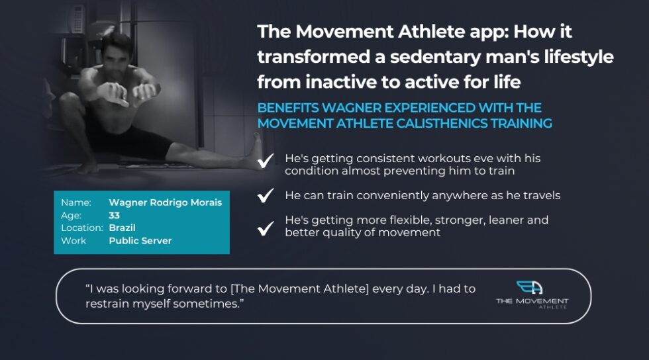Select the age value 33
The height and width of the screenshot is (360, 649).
115,215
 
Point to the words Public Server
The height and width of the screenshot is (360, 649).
140,240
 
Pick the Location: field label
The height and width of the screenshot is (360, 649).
81,228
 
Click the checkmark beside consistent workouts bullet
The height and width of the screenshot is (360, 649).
266,161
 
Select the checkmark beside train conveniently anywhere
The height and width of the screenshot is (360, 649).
266,195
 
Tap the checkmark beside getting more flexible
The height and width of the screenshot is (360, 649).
266,228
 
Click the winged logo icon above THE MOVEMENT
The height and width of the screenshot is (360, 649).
531,288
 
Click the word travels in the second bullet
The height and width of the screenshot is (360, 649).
542,195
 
